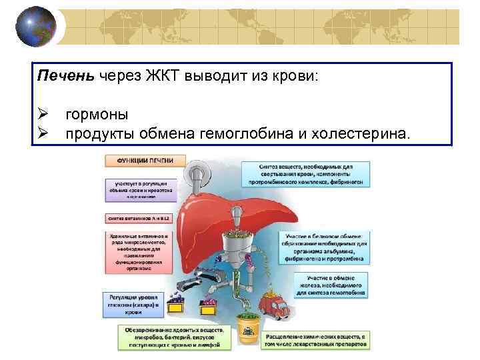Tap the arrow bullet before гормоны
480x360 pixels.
pyautogui.click(x=45, y=115)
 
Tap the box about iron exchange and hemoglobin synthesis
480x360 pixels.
pyautogui.click(x=335, y=284)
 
